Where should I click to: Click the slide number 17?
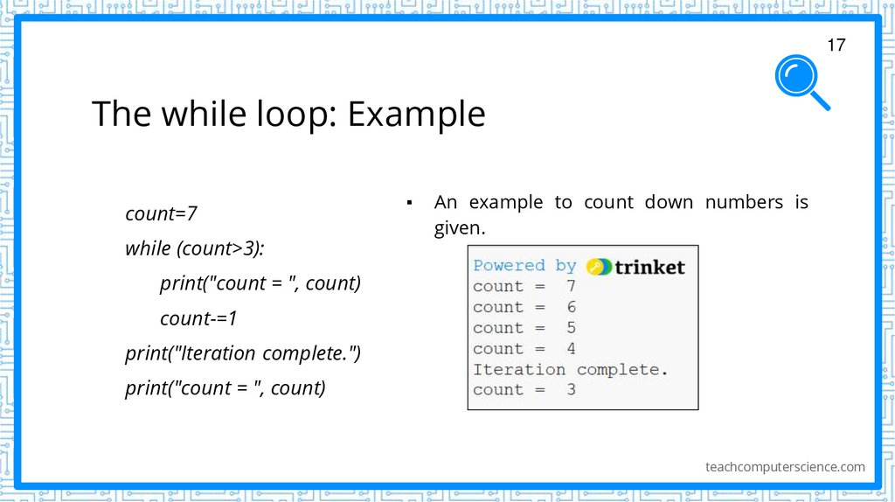pyautogui.click(x=836, y=45)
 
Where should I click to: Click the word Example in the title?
pyautogui.click(x=416, y=115)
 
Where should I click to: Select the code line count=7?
pyautogui.click(x=161, y=213)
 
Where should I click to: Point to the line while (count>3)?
pyautogui.click(x=194, y=248)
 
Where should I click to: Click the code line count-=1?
pyautogui.click(x=198, y=318)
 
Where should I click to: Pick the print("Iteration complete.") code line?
pyautogui.click(x=242, y=353)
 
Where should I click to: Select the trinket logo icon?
pyautogui.click(x=599, y=267)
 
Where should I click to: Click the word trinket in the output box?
pyautogui.click(x=649, y=267)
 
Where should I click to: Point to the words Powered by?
pyautogui.click(x=524, y=266)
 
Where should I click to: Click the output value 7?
pyautogui.click(x=571, y=286)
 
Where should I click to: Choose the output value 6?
pyautogui.click(x=571, y=307)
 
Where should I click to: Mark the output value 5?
pyautogui.click(x=571, y=328)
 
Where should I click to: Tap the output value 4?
pyautogui.click(x=571, y=349)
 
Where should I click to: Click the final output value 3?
pyautogui.click(x=571, y=390)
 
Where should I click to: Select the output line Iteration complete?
pyautogui.click(x=570, y=370)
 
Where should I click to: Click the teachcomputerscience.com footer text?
pyautogui.click(x=785, y=467)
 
